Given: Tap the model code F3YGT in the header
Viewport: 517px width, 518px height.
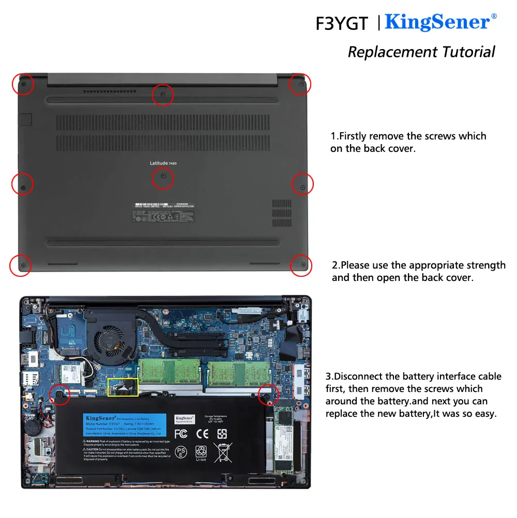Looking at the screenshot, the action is pyautogui.click(x=342, y=24).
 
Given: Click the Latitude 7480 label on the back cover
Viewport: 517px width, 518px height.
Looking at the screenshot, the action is pyautogui.click(x=163, y=163).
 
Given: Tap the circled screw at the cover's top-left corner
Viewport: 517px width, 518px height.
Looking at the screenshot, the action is pyautogui.click(x=23, y=83).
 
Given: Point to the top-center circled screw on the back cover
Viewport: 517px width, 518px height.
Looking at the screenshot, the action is pyautogui.click(x=163, y=95).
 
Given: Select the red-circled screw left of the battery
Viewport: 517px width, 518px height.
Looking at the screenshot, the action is pyautogui.click(x=59, y=395).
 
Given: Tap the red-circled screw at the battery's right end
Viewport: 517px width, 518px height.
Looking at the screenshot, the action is pyautogui.click(x=268, y=395).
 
